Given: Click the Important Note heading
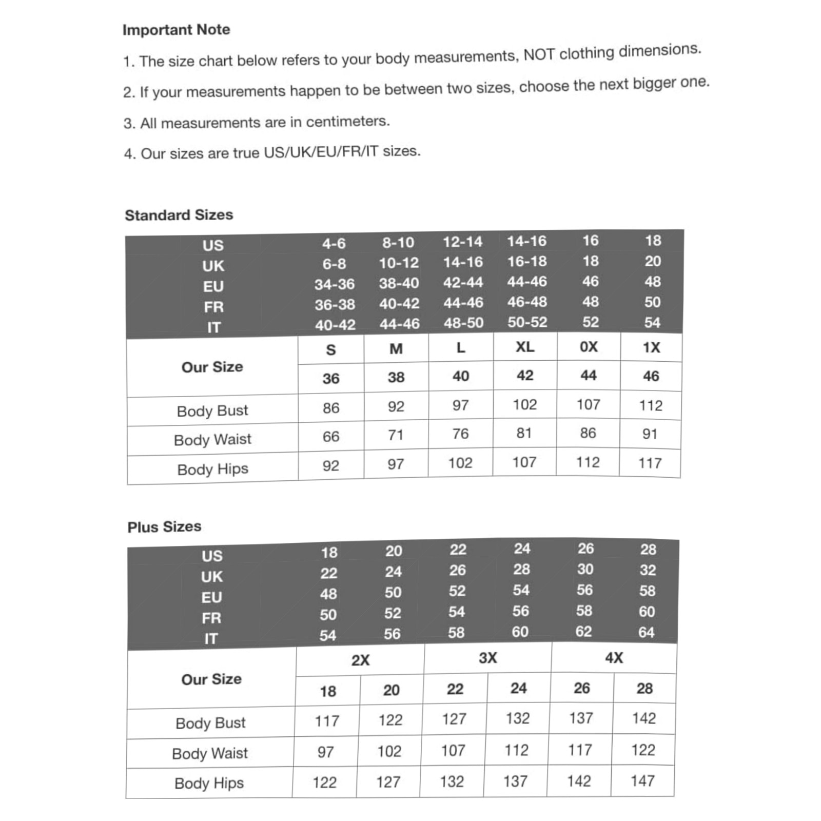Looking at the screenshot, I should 176,30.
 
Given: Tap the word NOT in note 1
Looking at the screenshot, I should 539,54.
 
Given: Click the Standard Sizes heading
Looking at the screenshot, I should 179,215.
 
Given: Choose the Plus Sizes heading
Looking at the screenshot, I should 164,527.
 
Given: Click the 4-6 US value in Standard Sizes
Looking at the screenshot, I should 334,244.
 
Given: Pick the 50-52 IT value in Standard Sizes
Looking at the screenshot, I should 527,322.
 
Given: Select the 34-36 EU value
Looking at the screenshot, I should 335,284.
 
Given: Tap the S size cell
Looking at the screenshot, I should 331,350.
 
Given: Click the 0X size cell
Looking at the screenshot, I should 589,347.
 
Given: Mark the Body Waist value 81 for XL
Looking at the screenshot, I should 524,434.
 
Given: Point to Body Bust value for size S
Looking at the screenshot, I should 331,408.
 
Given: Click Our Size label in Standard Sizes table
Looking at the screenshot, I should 212,367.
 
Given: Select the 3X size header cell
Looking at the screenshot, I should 487,658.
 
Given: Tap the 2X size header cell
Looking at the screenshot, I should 360,660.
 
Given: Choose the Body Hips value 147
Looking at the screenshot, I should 642,781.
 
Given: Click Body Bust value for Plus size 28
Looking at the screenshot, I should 643,718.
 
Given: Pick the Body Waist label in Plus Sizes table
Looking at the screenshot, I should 210,753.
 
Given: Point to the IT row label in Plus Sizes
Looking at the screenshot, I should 211,639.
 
